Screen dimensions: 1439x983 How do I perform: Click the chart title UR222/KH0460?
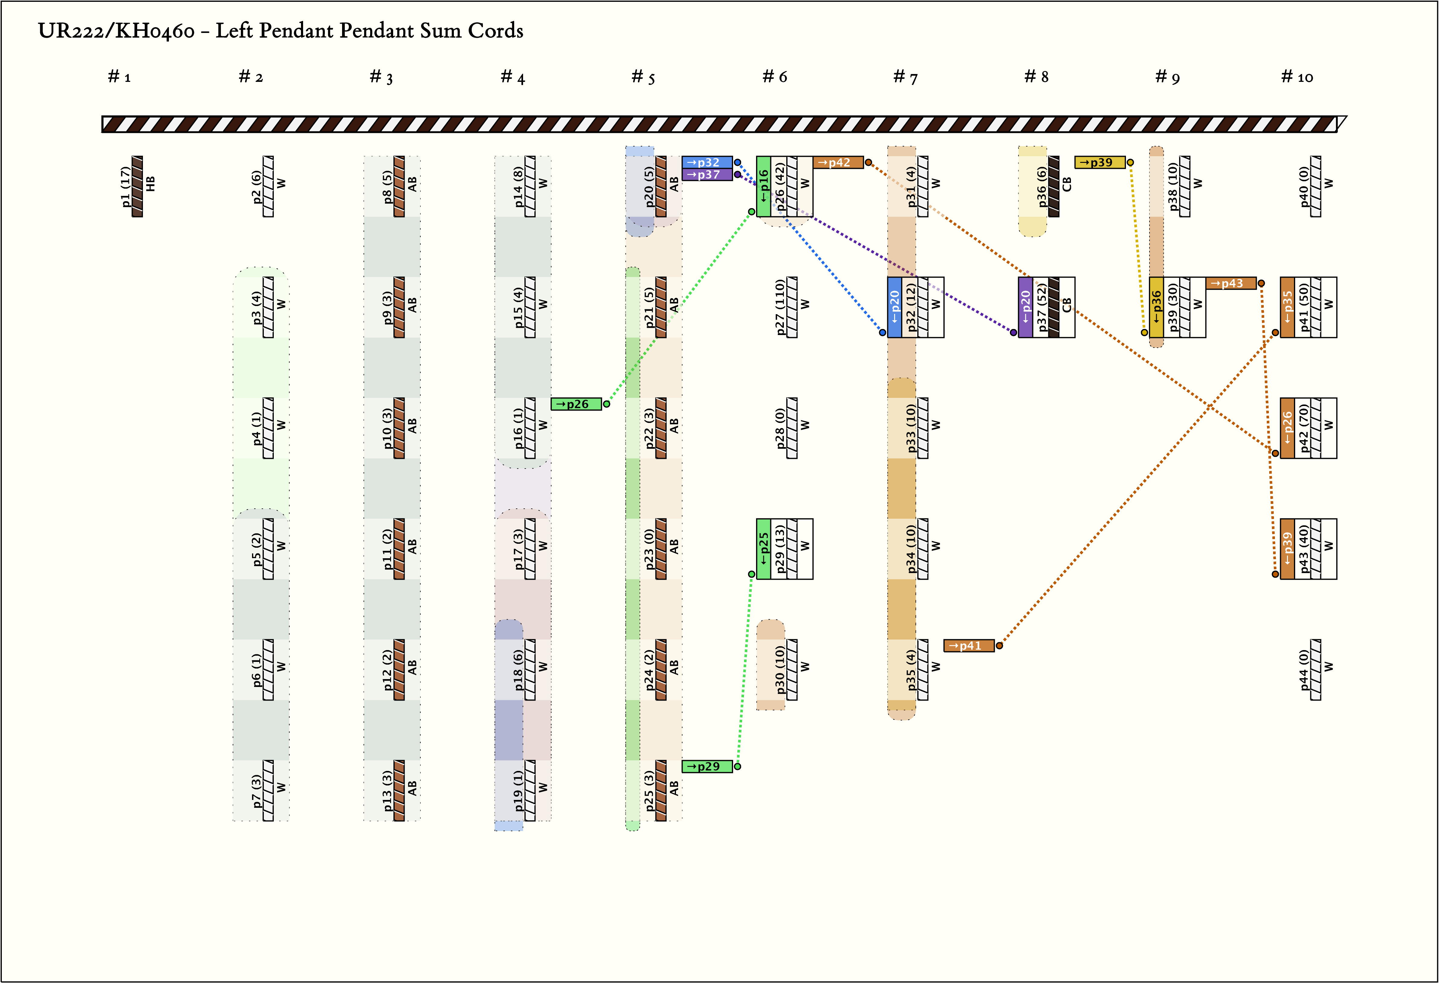click(x=116, y=31)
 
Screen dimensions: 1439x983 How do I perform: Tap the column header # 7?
click(x=905, y=77)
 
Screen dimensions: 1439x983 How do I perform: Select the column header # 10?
click(x=1297, y=77)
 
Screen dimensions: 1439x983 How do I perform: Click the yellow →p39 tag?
click(x=1100, y=162)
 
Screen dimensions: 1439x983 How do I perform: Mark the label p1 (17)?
click(x=126, y=186)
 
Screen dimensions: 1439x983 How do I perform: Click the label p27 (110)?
click(x=780, y=307)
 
